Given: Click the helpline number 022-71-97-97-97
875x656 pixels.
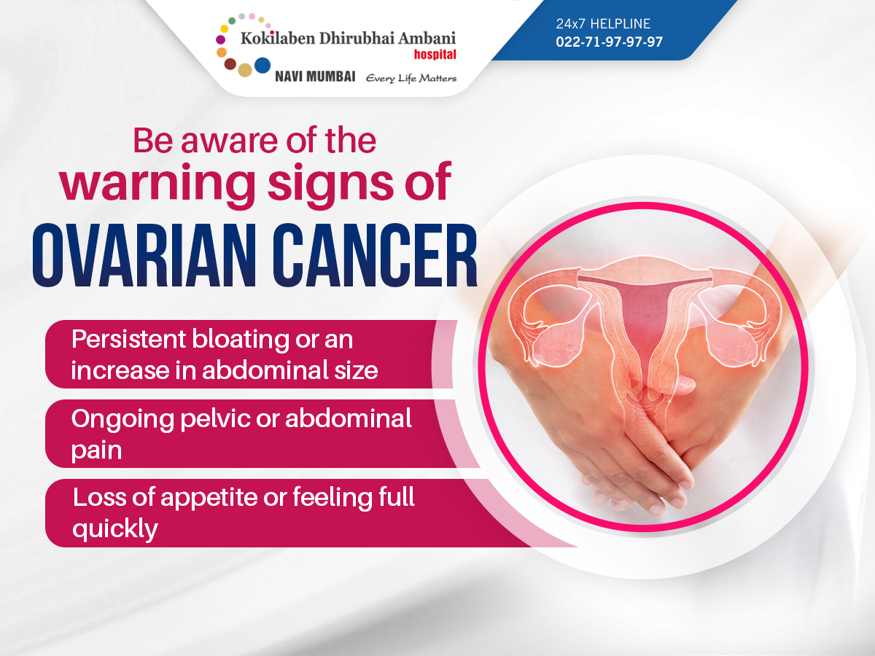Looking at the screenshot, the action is coord(609,42).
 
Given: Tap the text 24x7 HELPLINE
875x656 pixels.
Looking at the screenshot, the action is coord(603,24).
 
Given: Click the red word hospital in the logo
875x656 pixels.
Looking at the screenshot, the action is coord(435,55).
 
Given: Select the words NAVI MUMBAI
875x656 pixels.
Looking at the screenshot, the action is coord(315,77).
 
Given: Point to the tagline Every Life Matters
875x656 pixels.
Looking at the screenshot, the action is coord(411,78).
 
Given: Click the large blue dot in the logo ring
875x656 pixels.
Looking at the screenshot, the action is coord(262,66).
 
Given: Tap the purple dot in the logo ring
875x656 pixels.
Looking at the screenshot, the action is coord(220,39).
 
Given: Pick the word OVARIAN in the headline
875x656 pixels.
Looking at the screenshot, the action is coord(144,255).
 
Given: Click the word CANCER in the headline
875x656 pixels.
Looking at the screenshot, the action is coord(375,255).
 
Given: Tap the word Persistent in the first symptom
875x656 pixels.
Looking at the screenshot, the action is coord(129,340).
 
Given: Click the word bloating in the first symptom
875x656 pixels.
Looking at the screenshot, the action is coord(241,340).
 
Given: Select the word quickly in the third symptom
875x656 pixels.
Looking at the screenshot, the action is coord(115,530).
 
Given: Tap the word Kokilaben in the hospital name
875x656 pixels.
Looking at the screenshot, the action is coord(278,38).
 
